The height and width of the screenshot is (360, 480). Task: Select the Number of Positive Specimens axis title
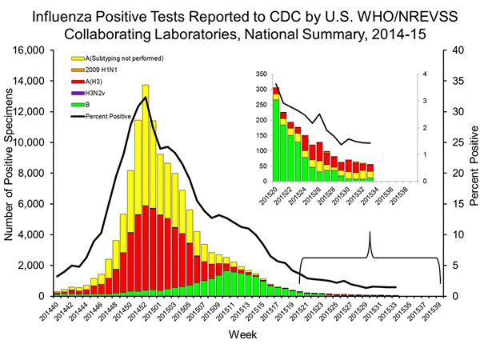11,173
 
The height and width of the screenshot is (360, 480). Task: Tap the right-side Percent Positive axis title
470,173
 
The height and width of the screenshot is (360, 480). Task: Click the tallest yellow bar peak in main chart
146,86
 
